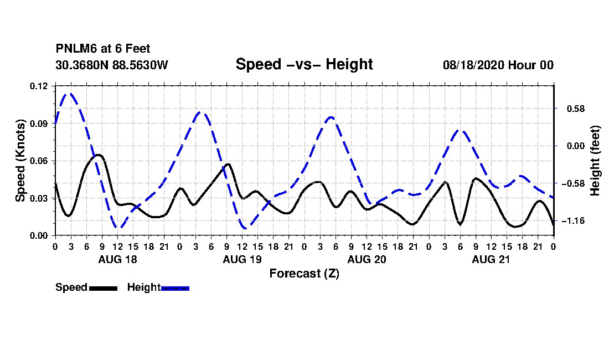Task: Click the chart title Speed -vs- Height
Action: click(x=304, y=64)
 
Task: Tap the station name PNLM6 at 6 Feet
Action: click(x=103, y=49)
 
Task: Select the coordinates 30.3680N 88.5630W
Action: click(x=112, y=65)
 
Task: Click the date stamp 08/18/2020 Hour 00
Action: click(x=498, y=65)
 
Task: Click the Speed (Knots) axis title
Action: click(x=20, y=161)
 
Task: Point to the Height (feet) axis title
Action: click(x=595, y=161)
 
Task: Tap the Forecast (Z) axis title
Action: click(x=304, y=274)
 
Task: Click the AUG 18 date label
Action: click(x=118, y=259)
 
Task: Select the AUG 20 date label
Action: click(x=367, y=259)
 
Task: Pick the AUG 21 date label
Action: click(x=491, y=259)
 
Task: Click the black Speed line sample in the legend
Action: click(x=104, y=288)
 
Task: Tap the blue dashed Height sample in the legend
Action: click(x=175, y=288)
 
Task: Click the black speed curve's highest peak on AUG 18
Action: click(x=99, y=155)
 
